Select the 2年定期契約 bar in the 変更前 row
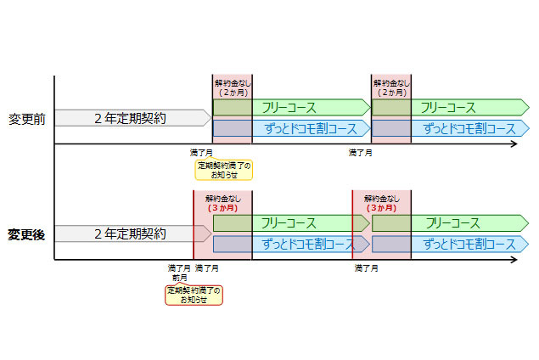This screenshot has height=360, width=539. click(132, 118)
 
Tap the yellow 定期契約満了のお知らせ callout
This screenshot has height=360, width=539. click(224, 169)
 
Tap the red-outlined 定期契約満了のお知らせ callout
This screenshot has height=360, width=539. click(194, 295)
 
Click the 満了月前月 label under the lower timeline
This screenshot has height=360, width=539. click(180, 273)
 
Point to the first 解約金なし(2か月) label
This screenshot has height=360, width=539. click(232, 87)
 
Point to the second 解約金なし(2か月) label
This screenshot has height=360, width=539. click(391, 87)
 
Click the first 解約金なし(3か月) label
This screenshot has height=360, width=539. click(222, 203)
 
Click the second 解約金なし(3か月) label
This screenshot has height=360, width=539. click(382, 203)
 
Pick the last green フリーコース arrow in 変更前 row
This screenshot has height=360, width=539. click(450, 108)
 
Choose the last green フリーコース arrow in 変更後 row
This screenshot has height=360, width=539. click(450, 223)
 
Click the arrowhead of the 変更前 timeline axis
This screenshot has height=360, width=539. click(514, 145)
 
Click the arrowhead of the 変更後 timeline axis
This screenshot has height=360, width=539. click(514, 260)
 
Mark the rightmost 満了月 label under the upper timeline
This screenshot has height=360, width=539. click(360, 154)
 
